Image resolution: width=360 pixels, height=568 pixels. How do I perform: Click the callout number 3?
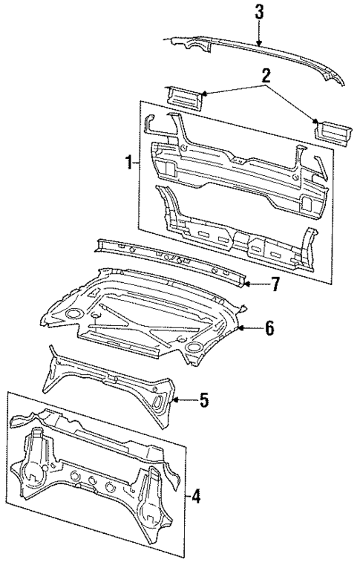pos(258,11)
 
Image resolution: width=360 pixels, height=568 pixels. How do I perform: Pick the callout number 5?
pos(203,401)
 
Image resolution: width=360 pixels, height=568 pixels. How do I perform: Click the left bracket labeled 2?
pos(181,96)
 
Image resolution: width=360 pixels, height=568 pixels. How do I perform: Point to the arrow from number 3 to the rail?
pos(258,33)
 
